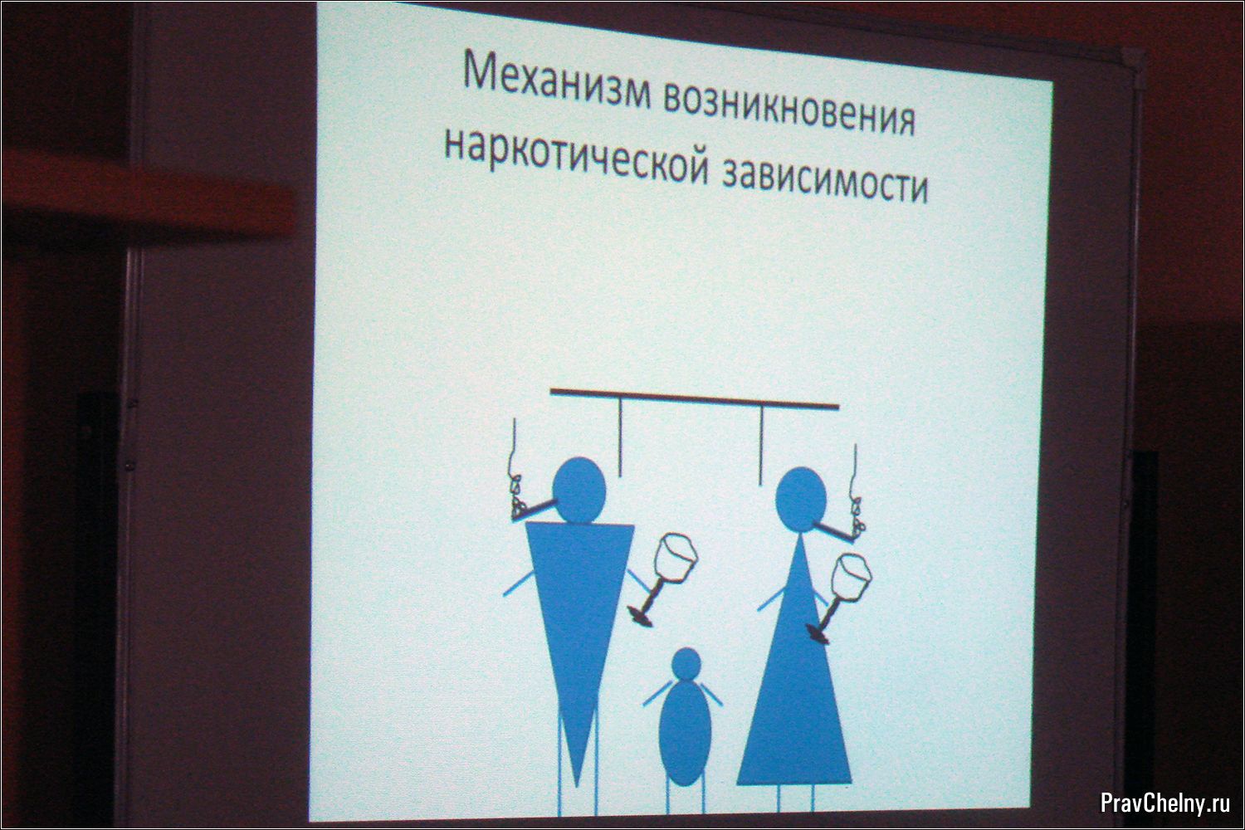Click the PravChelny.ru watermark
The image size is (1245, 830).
pyautogui.click(x=1158, y=803)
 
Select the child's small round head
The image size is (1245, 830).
pyautogui.click(x=686, y=663)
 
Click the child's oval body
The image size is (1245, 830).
pyautogui.click(x=686, y=733)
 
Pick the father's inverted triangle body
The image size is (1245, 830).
pyautogui.click(x=579, y=622)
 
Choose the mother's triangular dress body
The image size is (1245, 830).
pyautogui.click(x=795, y=678)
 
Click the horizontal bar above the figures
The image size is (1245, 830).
pyautogui.click(x=694, y=399)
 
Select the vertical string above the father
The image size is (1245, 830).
pyautogui.click(x=620, y=437)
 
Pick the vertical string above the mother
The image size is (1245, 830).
pyautogui.click(x=761, y=444)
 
